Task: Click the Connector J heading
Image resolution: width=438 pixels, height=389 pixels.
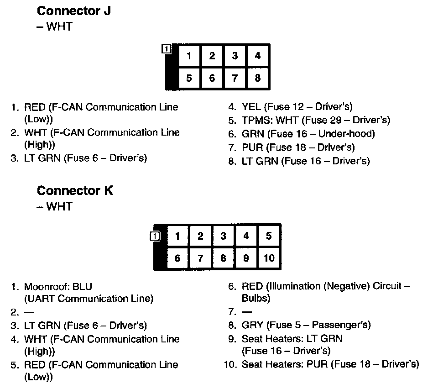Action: click(73, 11)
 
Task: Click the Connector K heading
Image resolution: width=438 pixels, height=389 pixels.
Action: click(75, 190)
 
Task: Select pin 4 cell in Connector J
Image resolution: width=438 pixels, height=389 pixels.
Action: click(258, 56)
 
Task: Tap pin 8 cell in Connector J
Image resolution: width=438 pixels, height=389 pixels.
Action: click(258, 78)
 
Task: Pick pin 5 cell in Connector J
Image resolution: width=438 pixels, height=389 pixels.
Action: click(189, 78)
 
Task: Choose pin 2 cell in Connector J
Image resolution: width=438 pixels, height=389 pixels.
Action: click(212, 56)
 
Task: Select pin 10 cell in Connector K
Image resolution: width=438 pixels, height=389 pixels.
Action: click(269, 258)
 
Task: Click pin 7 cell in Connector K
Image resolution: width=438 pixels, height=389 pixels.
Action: click(200, 258)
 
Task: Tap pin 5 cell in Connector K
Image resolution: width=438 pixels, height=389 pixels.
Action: click(269, 236)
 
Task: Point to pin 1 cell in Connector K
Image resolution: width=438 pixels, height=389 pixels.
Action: click(177, 236)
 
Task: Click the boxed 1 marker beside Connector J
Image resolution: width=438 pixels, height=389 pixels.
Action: click(167, 48)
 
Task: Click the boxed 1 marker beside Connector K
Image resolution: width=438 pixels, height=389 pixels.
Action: click(155, 236)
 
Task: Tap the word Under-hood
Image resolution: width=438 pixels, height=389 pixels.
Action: click(346, 134)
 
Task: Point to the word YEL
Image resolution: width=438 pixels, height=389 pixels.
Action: click(251, 107)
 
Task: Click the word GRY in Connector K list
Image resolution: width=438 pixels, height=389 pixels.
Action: click(252, 325)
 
